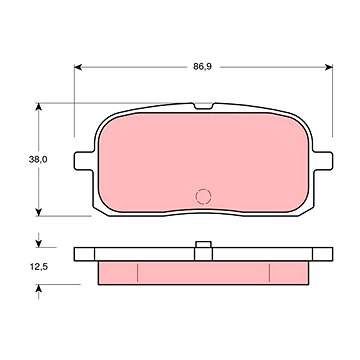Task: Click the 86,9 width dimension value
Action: (202, 67)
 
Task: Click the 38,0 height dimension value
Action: (38, 159)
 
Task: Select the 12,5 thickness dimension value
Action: (38, 267)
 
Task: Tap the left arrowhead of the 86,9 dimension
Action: (78, 67)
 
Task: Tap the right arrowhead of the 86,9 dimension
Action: (329, 67)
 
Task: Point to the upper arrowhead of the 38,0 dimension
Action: (39, 107)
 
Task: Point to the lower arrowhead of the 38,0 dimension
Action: (39, 212)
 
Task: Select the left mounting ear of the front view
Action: (84, 161)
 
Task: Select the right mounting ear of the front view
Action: (323, 161)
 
